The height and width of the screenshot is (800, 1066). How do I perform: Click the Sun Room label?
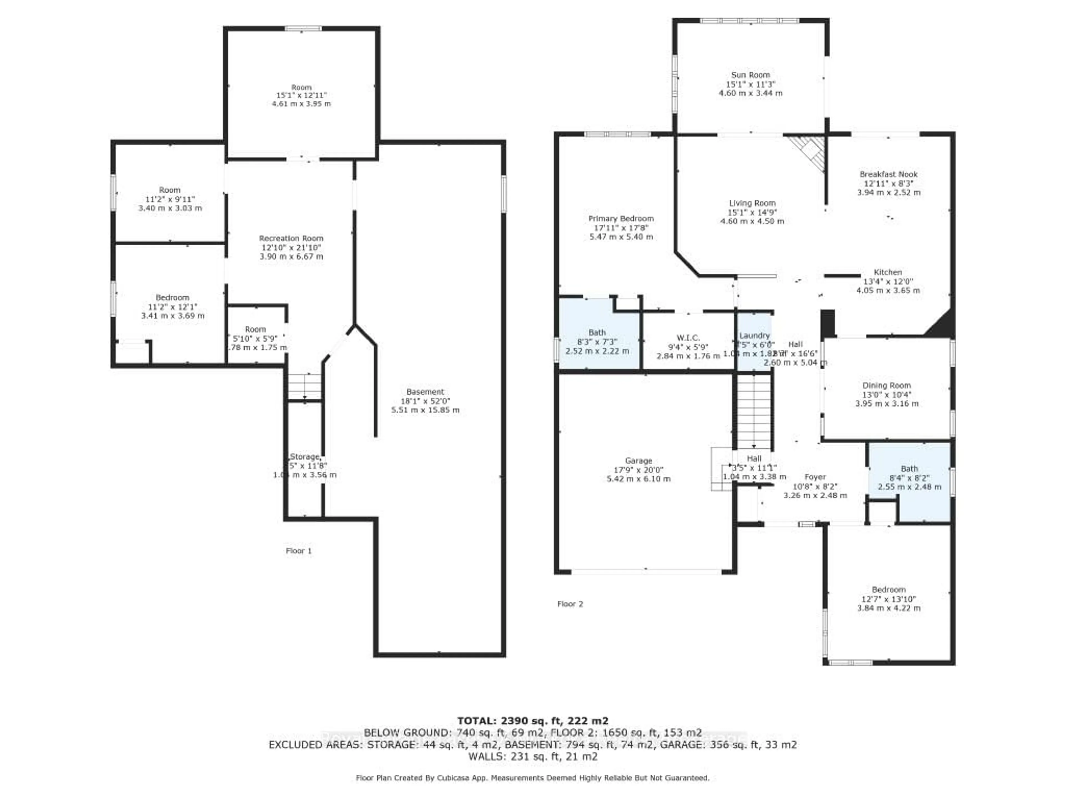point(750,75)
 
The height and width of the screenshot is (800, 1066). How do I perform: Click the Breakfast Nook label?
point(888,174)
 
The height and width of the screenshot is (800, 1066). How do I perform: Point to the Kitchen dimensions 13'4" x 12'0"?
point(888,281)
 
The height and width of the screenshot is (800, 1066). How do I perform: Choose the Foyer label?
point(815,477)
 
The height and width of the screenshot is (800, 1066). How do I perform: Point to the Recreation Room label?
point(291,238)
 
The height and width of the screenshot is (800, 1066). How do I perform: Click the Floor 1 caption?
point(298,551)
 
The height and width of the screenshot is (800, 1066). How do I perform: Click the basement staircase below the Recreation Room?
point(305,386)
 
